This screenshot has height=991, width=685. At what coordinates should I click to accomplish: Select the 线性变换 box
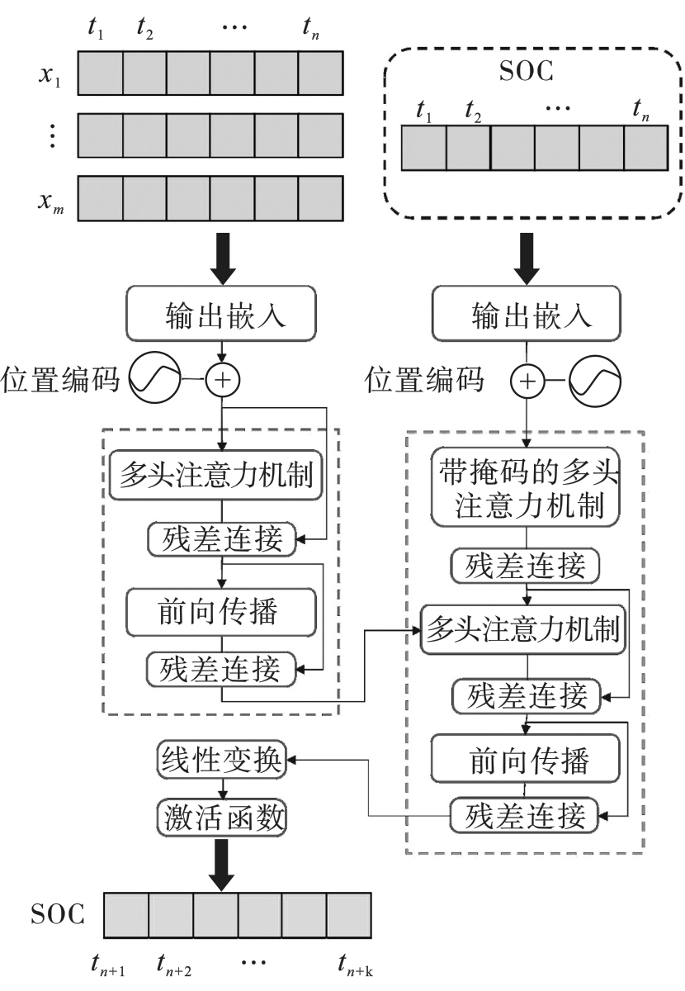pos(220,758)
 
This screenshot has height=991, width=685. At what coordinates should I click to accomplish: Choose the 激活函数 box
pos(220,818)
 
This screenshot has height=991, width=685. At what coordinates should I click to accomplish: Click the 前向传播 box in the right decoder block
pos(527,756)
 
